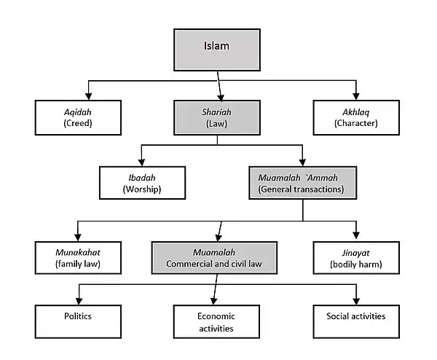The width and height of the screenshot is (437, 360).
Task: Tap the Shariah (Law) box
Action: tap(216, 118)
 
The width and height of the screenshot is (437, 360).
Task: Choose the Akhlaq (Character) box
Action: tap(356, 118)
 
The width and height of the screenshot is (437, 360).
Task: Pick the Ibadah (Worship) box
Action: tap(141, 183)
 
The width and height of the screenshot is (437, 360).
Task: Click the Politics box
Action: tap(78, 321)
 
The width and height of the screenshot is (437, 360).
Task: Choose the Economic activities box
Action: tap(216, 321)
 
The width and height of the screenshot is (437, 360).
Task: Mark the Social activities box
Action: tap(356, 321)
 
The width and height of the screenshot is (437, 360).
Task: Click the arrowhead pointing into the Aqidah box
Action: tap(87, 96)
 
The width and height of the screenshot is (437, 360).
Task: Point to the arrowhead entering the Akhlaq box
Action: tap(356, 96)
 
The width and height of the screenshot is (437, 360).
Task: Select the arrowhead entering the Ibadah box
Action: tap(141, 162)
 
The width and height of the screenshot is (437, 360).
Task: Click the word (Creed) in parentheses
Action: tap(79, 124)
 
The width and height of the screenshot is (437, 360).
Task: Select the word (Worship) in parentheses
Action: tap(141, 189)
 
